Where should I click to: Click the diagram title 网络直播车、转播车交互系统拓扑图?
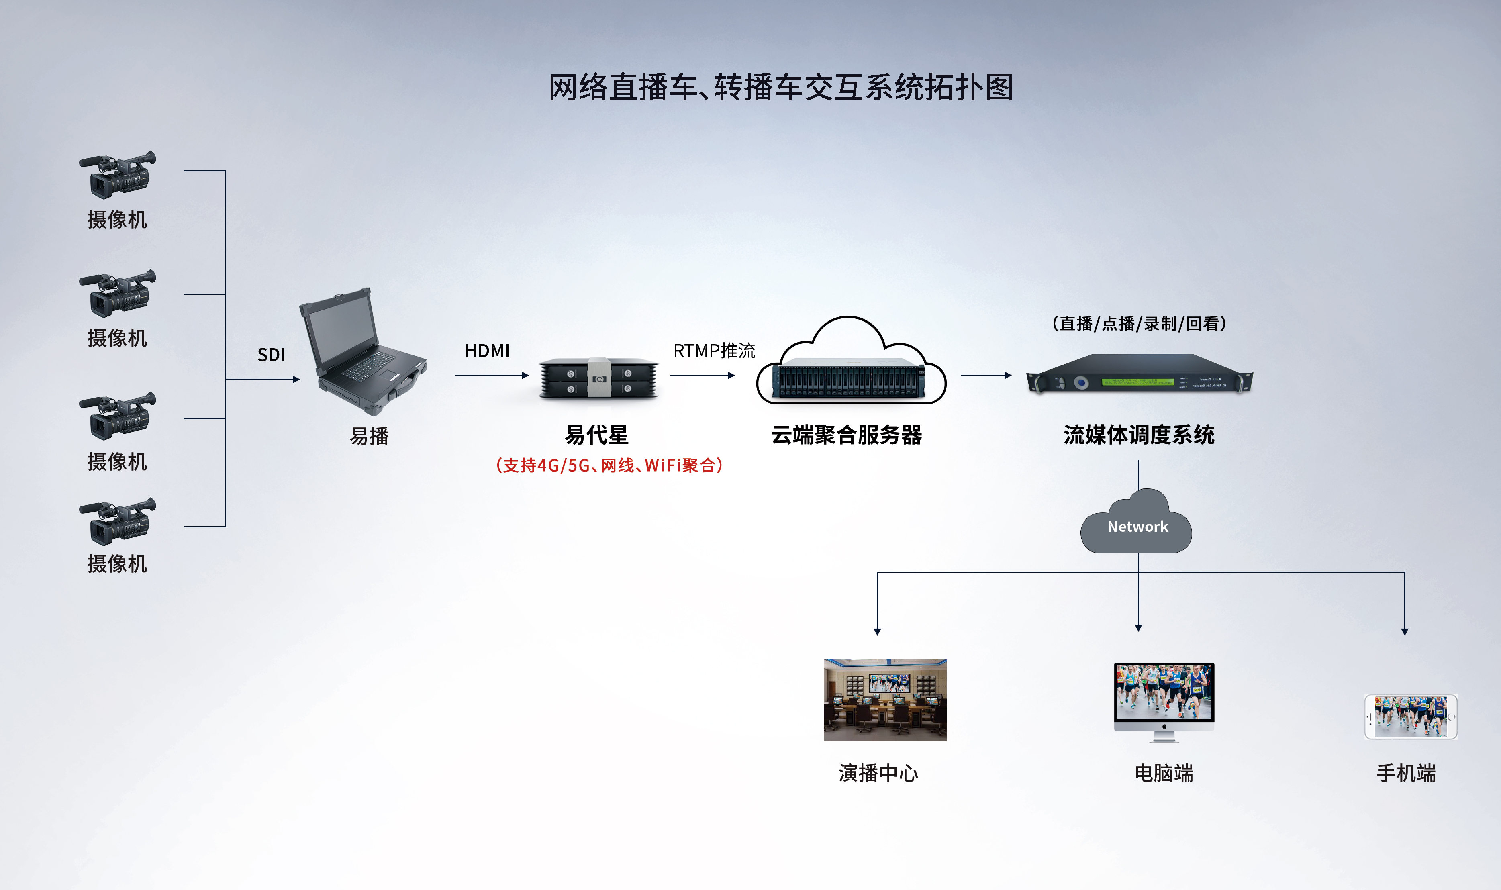[x=781, y=88]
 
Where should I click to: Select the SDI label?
[x=271, y=355]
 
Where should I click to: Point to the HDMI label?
[x=487, y=351]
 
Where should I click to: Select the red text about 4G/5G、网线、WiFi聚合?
[x=609, y=465]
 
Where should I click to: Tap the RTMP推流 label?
[x=714, y=351]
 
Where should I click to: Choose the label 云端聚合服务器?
[x=846, y=435]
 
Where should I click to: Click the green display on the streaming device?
[x=1137, y=382]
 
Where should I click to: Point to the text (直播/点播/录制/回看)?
[x=1139, y=324]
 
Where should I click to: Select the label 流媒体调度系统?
[x=1139, y=435]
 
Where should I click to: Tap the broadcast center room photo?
[x=884, y=700]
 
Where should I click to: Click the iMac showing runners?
[x=1163, y=699]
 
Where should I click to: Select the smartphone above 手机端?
[x=1411, y=716]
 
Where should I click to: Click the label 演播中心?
[x=878, y=773]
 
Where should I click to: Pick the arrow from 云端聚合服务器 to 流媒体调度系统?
[x=985, y=376]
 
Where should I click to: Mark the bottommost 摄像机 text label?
[x=117, y=564]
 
